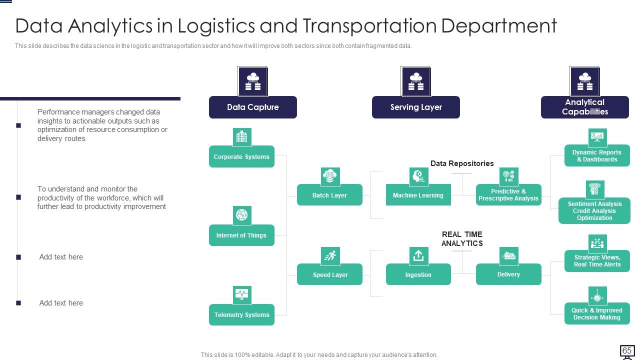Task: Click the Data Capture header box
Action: point(253,107)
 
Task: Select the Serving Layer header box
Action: point(415,107)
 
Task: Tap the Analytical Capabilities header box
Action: point(585,107)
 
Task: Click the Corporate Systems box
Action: point(241,156)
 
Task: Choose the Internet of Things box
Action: point(241,235)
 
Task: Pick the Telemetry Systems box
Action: point(241,314)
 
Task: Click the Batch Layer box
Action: point(329,195)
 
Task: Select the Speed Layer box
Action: point(329,274)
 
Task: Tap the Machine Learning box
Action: point(418,195)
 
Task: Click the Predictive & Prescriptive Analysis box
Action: point(508,195)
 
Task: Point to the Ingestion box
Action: point(418,274)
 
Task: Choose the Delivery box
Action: point(508,274)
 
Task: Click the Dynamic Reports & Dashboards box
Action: point(597,155)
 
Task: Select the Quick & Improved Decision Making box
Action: point(597,313)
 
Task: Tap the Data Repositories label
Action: point(462,163)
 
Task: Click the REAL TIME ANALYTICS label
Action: point(462,239)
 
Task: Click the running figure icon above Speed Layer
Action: point(330,255)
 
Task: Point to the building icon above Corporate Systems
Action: point(242,137)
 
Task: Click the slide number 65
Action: point(626,350)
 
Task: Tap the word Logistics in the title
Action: point(216,26)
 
